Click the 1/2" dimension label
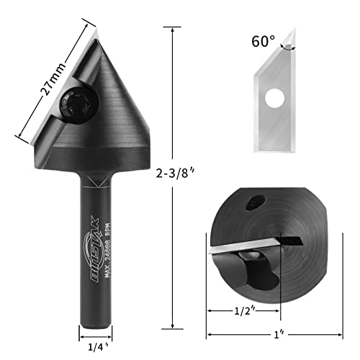pyautogui.click(x=243, y=312)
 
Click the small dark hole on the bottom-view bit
pyautogui.click(x=254, y=206)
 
